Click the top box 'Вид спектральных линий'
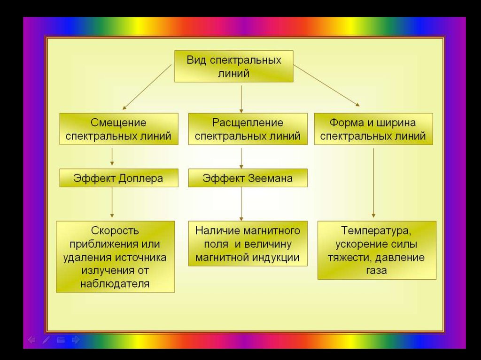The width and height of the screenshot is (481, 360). pos(234,66)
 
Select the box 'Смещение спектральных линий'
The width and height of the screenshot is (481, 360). pos(118,130)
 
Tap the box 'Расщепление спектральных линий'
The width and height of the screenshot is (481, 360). pos(248,130)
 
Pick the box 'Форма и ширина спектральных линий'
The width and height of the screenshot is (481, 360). pos(372,130)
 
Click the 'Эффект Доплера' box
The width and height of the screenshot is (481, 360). pos(118,178)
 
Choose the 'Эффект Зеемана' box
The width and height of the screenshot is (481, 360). pos(248,178)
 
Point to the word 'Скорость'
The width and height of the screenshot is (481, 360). pos(115,231)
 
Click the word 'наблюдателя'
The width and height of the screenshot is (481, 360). pos(115,283)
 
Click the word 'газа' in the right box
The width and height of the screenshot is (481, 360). pos(376,271)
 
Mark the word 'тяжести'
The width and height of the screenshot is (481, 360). pos(345,258)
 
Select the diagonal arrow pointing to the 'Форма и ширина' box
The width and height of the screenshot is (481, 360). pos(326,85)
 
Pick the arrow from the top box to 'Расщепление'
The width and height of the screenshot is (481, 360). pos(241,97)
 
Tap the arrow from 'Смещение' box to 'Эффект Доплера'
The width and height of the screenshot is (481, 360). pos(112,156)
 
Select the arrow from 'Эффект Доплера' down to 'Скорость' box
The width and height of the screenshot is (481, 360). pos(112,203)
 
